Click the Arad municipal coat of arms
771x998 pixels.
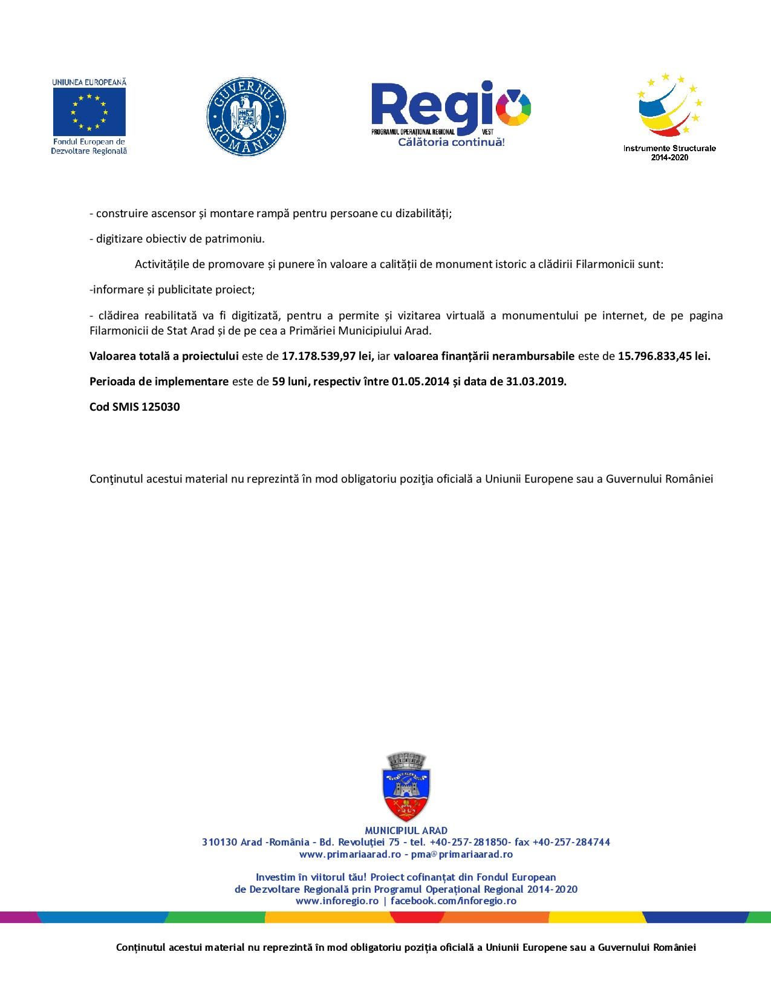[x=406, y=787]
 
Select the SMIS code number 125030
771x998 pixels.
[x=160, y=407]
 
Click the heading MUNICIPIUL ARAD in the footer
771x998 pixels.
[x=406, y=830]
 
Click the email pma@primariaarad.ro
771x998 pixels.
[x=462, y=854]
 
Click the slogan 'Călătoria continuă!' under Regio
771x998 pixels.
[x=451, y=142]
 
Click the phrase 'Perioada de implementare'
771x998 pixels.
[x=159, y=382]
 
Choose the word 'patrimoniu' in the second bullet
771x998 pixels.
[x=234, y=239]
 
